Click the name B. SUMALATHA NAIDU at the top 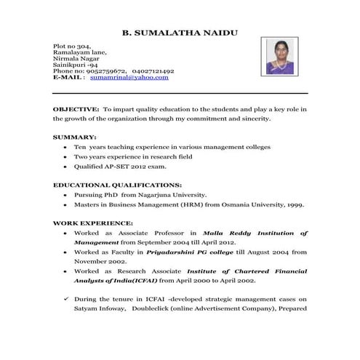point(179,33)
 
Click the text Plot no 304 point(71,46)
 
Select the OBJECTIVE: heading point(76,108)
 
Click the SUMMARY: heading point(74,137)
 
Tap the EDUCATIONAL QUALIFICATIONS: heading point(116,185)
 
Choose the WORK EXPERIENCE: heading point(92,223)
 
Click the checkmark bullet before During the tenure point(65,298)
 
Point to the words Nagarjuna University point(175,195)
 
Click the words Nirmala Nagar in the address point(76,59)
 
